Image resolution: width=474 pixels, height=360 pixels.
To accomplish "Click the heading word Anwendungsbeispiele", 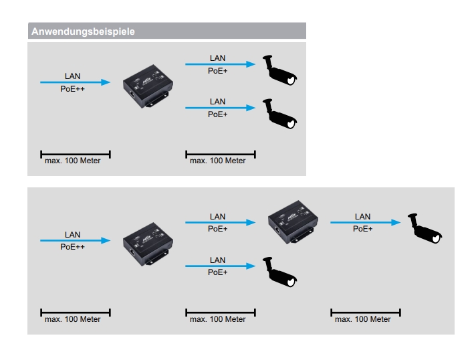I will pyautogui.click(x=83, y=31).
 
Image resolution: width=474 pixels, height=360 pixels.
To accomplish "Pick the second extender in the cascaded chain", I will pyautogui.click(x=292, y=221).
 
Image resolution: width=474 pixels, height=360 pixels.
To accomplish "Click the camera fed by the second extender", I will pyautogui.click(x=425, y=230).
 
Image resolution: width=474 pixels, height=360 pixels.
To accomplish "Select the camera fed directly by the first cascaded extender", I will pyautogui.click(x=280, y=272).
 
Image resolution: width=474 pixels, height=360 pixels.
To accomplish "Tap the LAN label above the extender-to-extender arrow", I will pyautogui.click(x=218, y=216).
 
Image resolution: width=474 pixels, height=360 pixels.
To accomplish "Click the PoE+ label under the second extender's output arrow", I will pyautogui.click(x=362, y=229).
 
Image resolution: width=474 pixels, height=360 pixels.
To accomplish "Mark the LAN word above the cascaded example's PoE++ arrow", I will pyautogui.click(x=72, y=234).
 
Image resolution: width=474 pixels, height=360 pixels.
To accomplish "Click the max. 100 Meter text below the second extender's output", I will pyautogui.click(x=362, y=319).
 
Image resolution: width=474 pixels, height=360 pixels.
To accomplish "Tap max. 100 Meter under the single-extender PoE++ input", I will pyautogui.click(x=72, y=161).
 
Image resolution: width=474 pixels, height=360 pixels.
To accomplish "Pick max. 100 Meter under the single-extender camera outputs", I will pyautogui.click(x=218, y=161).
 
